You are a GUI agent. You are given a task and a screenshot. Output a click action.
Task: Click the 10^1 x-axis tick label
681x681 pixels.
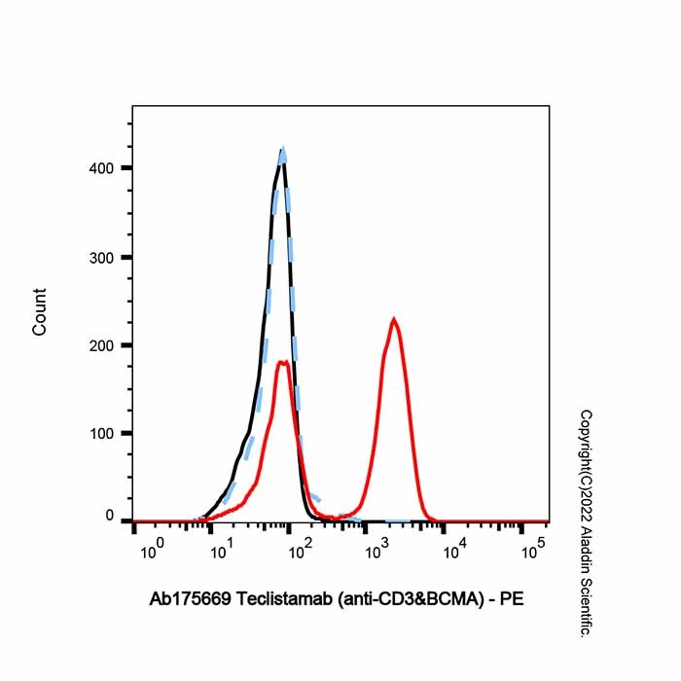[225, 552]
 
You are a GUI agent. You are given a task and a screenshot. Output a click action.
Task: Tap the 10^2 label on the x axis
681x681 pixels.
[301, 552]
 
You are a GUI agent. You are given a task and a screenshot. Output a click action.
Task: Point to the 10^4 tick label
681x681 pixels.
[453, 552]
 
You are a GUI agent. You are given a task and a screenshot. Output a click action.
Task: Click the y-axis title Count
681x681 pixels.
[40, 312]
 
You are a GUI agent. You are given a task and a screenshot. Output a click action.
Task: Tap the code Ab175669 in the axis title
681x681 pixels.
[191, 600]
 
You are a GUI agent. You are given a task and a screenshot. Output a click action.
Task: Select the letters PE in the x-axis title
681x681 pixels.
[513, 600]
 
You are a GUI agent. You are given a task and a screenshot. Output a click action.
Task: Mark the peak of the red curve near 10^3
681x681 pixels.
[393, 318]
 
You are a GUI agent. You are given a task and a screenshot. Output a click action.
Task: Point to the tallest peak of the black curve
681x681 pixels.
[282, 152]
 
